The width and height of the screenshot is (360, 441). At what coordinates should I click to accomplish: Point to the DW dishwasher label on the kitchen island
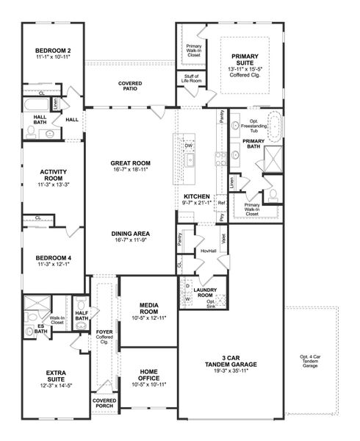point(188,146)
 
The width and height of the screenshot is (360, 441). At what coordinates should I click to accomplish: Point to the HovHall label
point(208,251)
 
